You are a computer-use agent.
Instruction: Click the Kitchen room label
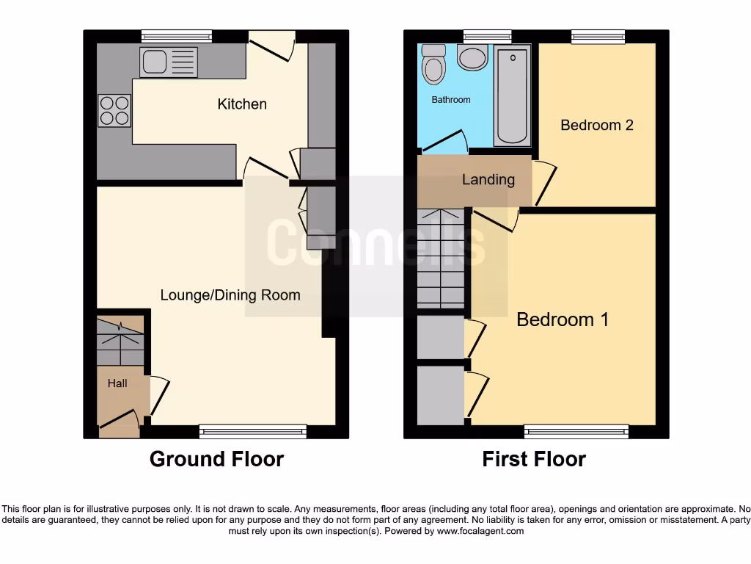point(242,104)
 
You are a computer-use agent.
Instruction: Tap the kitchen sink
point(169,62)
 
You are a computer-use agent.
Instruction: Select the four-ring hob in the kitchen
point(114,111)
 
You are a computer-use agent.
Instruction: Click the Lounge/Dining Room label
point(230,295)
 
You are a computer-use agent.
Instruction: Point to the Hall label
point(117,383)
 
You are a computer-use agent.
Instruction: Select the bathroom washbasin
point(472,58)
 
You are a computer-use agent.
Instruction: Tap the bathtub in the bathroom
point(511,94)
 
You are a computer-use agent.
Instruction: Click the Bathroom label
point(450,100)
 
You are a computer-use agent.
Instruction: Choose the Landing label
point(488,180)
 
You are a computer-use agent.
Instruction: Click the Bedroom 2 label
point(596,125)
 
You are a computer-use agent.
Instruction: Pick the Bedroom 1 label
point(563,319)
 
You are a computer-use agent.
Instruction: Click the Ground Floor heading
point(216,459)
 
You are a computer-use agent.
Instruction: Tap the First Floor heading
point(534,459)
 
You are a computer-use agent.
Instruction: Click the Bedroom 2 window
point(598,36)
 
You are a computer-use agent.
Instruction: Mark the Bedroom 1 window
point(576,432)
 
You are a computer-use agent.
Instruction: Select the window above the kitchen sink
point(177,36)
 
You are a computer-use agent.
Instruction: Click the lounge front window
point(253,432)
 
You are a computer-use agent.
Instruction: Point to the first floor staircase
point(441,258)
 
